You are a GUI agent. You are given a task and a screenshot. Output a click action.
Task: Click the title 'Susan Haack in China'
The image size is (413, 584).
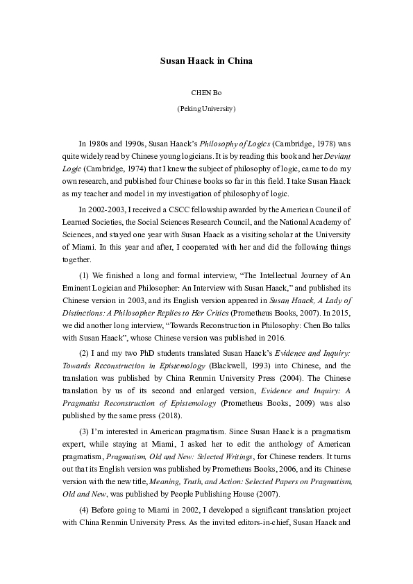pos(206,61)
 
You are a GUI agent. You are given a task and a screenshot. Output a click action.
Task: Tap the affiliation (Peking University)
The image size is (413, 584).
pos(206,109)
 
